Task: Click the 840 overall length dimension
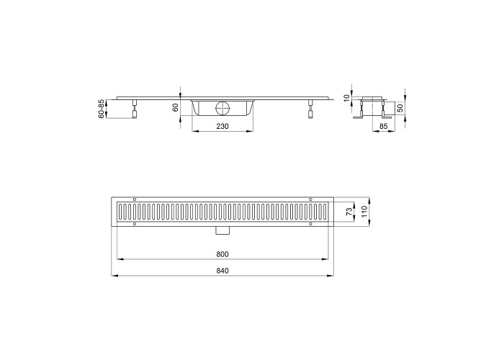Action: coord(222,271)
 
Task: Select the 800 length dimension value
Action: coord(222,255)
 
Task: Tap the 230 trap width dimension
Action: coord(222,126)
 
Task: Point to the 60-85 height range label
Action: coord(102,109)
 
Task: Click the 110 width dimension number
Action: coord(364,212)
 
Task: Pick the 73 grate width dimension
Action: coord(348,212)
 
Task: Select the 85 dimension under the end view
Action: coord(384,126)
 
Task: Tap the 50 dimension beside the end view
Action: coord(400,108)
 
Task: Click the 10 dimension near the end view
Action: coord(346,98)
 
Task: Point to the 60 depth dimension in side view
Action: coord(176,108)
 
